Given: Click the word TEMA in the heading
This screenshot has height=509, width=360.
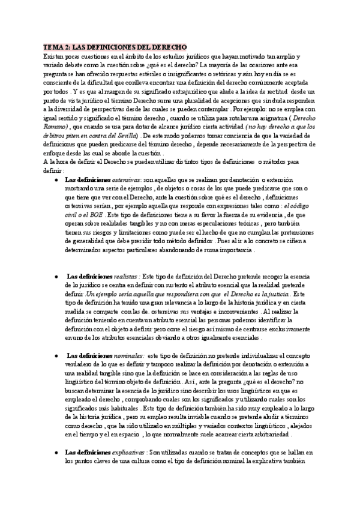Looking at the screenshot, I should [x=53, y=46].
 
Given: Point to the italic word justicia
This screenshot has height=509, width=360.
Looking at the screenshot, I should [x=275, y=295].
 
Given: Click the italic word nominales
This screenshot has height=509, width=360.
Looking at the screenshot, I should [x=127, y=355].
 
